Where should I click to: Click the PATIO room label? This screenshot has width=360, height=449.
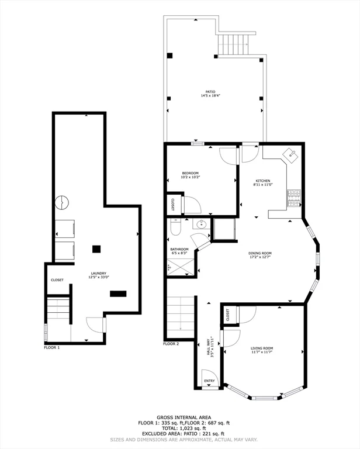(x=210, y=92)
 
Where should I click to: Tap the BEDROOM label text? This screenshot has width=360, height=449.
(x=190, y=173)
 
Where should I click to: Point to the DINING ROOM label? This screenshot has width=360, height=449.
(x=260, y=253)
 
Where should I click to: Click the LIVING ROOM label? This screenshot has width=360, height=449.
(x=262, y=348)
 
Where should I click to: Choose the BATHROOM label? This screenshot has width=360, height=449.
(x=179, y=249)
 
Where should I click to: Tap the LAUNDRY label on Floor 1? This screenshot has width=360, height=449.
(x=98, y=274)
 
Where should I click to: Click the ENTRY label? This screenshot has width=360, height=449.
(x=209, y=382)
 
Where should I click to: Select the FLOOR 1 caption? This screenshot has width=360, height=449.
(x=52, y=347)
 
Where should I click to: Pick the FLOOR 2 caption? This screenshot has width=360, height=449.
(x=171, y=344)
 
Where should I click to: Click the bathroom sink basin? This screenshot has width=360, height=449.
(x=202, y=224)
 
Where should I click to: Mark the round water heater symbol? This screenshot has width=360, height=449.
(x=61, y=203)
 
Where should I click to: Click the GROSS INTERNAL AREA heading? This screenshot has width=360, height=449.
(x=179, y=416)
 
